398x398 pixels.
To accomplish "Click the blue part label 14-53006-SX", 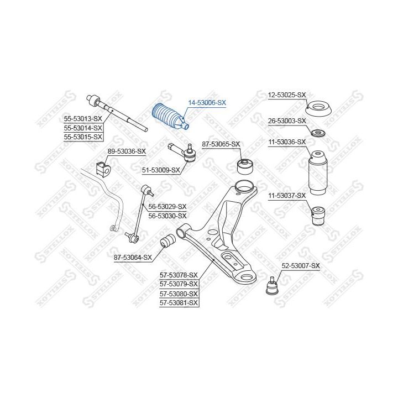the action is click(207, 103).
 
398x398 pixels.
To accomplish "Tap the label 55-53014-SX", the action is click(83, 128).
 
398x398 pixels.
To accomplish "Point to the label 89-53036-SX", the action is click(127, 151).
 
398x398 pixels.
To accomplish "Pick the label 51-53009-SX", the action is click(161, 170).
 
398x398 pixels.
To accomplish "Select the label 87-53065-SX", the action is click(221, 144).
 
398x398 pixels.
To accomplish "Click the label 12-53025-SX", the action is click(287, 95).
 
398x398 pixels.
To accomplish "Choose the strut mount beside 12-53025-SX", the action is click(318, 109).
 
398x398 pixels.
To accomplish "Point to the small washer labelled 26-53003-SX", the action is click(318, 133).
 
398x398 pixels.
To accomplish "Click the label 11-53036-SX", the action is click(287, 142).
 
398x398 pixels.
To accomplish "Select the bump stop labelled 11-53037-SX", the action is click(318, 216).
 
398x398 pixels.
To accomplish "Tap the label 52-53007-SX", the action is click(301, 266).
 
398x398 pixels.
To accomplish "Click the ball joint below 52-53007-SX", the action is click(272, 286).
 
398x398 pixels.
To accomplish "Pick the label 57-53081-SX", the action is click(179, 303).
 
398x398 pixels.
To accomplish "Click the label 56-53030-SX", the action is click(167, 216).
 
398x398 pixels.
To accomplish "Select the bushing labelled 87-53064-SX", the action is click(168, 241).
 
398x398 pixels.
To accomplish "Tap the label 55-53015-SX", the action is click(83, 137).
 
